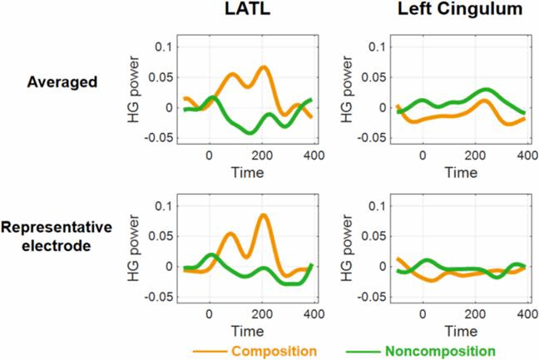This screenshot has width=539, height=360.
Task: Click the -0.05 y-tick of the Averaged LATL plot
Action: point(158,137)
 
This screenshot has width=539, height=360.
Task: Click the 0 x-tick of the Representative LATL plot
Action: point(210,313)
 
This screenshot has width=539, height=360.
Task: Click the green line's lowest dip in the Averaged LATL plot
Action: point(249,132)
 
